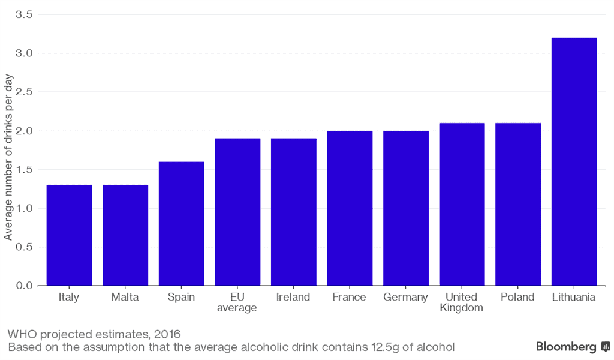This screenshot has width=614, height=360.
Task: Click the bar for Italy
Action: (x=69, y=235)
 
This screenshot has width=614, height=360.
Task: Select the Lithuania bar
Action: (x=574, y=162)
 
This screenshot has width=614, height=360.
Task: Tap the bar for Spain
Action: (x=181, y=224)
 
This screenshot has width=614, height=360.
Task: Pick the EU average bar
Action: (x=237, y=212)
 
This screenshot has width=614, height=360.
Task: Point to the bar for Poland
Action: (x=518, y=204)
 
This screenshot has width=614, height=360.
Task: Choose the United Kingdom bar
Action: (x=462, y=204)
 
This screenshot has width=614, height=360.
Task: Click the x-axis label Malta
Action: (x=125, y=297)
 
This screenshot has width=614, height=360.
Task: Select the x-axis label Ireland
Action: (x=293, y=297)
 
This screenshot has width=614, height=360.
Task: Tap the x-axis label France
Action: (x=350, y=297)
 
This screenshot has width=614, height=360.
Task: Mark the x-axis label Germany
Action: (x=405, y=297)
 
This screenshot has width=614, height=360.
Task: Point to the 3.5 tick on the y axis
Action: (x=25, y=14)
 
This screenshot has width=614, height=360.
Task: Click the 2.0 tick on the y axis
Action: (x=25, y=131)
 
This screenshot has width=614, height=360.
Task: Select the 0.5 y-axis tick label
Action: (x=25, y=247)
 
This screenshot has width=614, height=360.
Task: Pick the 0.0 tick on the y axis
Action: (x=25, y=286)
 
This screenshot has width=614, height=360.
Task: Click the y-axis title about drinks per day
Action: (x=8, y=159)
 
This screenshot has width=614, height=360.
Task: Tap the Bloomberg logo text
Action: (x=565, y=347)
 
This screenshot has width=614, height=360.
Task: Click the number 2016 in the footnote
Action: (x=167, y=334)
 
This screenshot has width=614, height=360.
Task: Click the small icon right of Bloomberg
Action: (x=606, y=347)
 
